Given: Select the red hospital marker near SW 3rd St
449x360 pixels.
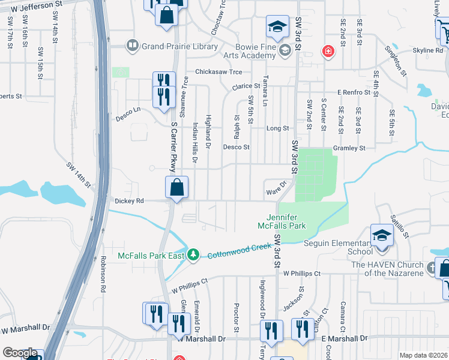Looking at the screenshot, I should tap(328, 52).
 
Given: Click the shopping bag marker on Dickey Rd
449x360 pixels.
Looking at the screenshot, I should tap(176, 187).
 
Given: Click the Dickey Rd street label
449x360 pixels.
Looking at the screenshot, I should tap(129, 201).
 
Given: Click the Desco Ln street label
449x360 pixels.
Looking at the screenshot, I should tap(128, 110).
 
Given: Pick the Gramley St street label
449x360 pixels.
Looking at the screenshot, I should tap(349, 148).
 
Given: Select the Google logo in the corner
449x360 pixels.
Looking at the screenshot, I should tap(20, 353).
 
